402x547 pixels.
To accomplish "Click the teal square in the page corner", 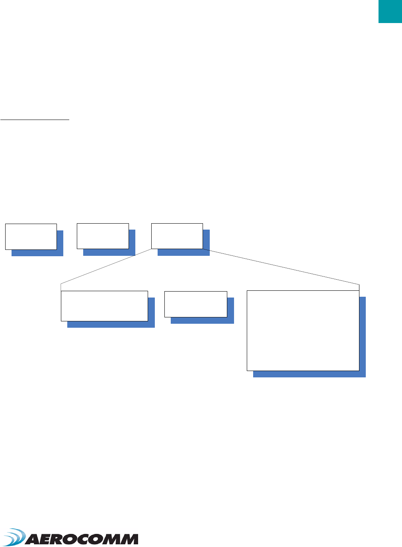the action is (390, 11).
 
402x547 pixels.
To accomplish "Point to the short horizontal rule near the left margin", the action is (35, 119).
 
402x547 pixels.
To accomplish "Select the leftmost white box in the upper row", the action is (31, 236).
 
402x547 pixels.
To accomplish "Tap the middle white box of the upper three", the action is (103, 236).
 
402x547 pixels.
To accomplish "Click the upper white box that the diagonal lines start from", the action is (177, 236).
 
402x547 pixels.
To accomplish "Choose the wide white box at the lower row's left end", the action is (104, 306).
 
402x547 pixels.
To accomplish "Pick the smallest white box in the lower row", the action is (195, 304).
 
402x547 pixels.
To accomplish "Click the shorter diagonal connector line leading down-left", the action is (106, 267).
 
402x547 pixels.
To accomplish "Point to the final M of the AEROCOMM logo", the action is (129, 539).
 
